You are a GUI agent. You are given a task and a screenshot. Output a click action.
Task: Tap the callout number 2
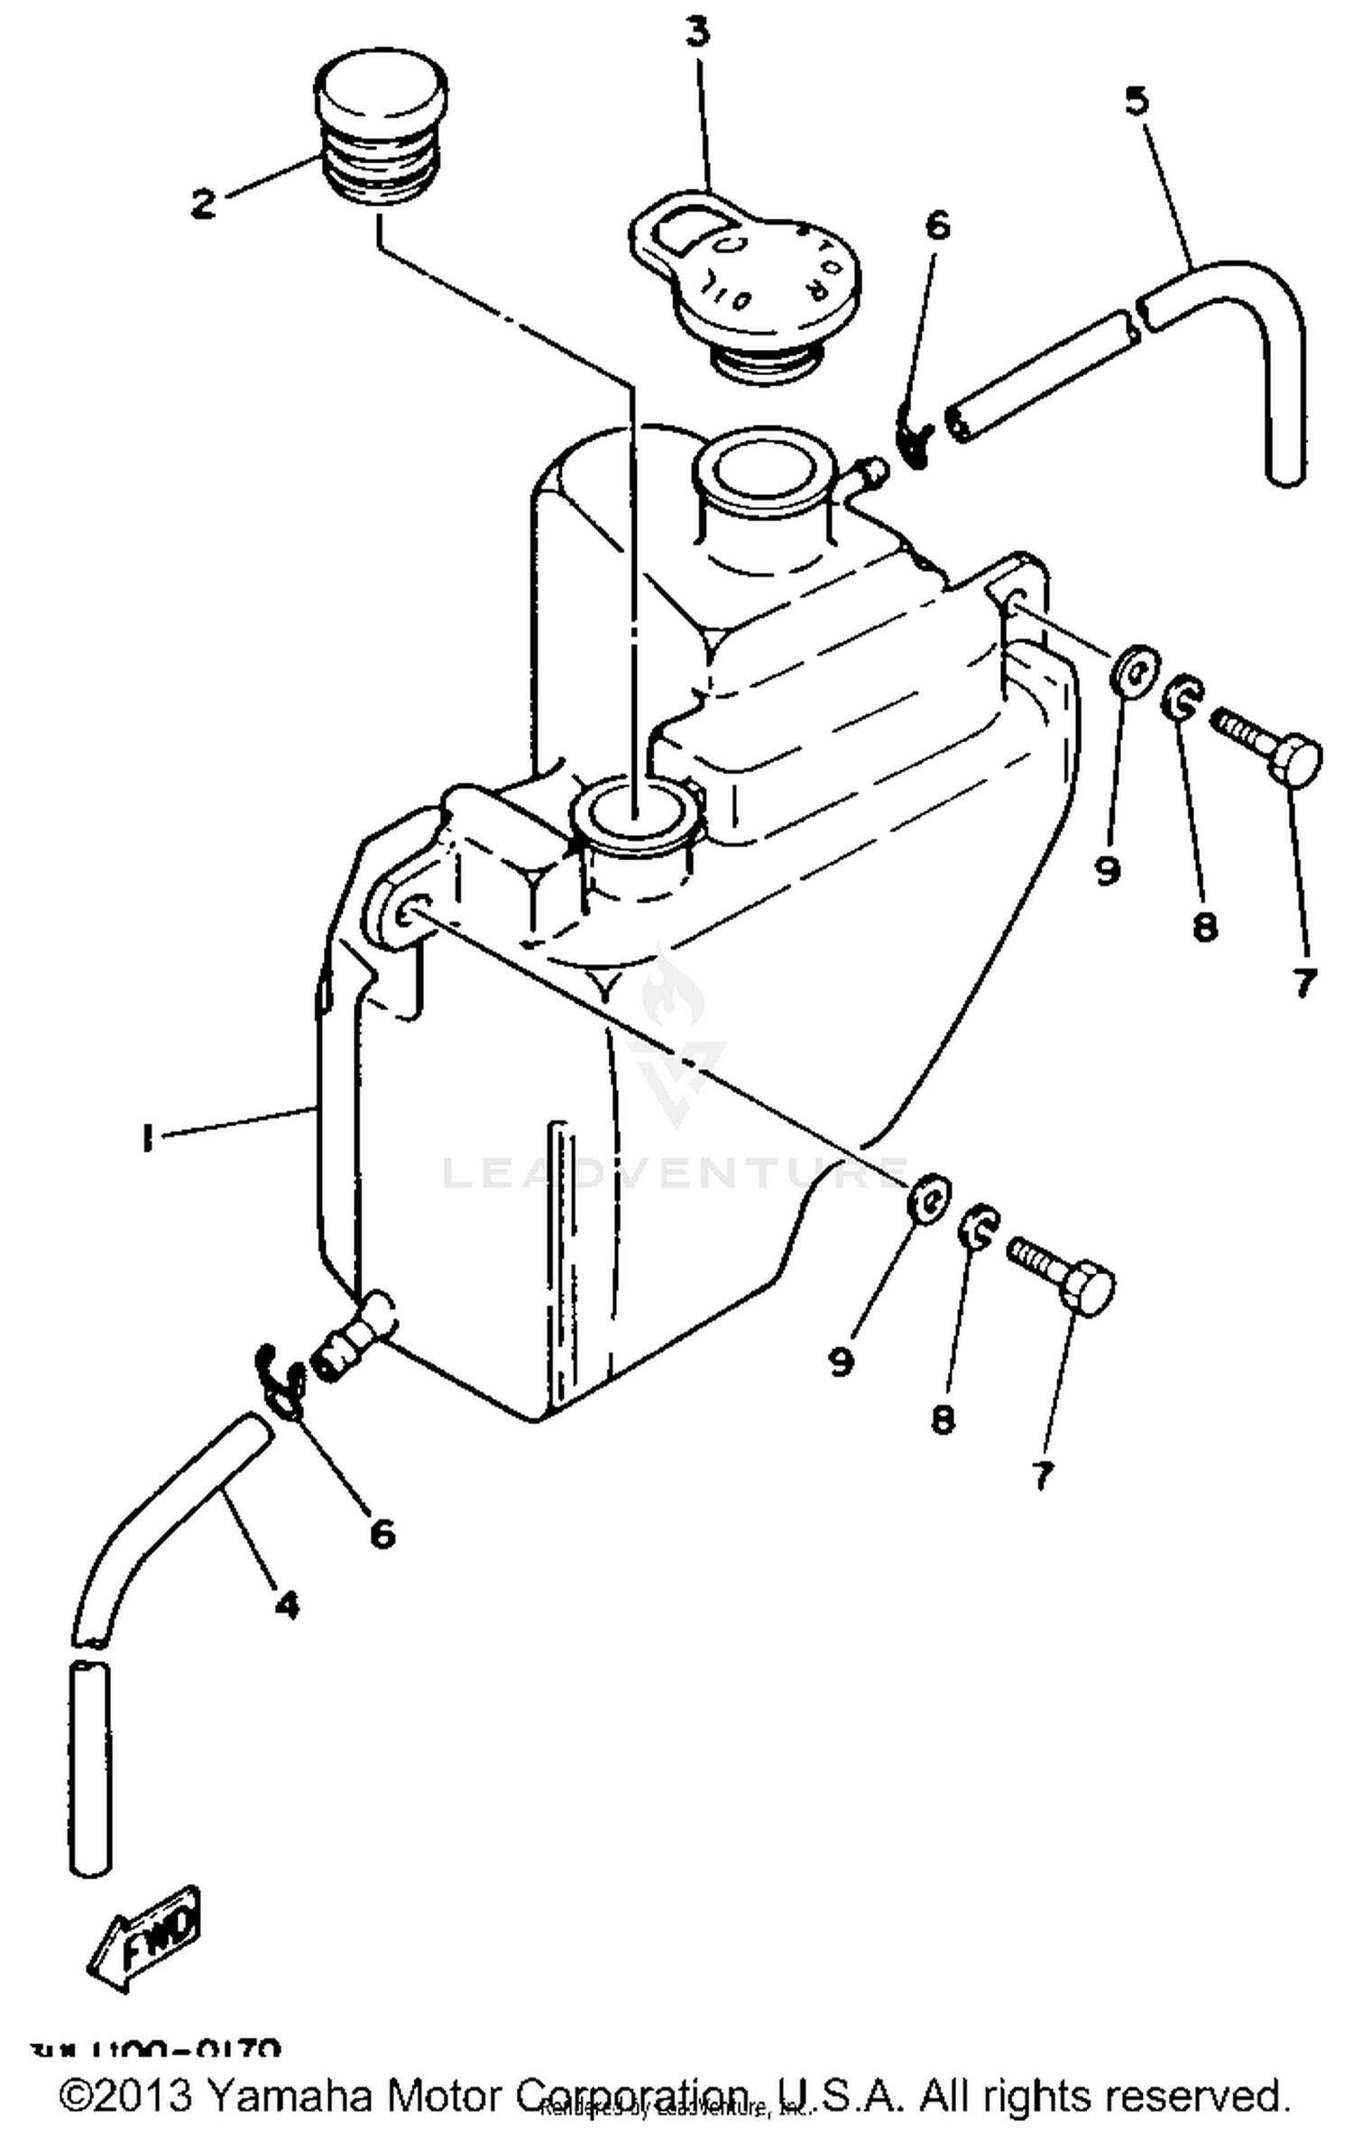click(204, 203)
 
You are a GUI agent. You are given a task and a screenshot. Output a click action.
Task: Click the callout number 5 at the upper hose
click(1137, 100)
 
